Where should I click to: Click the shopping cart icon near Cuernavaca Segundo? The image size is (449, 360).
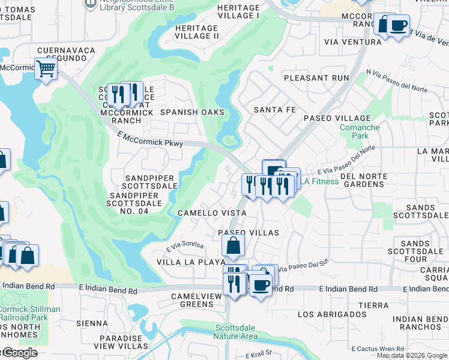click(x=46, y=70)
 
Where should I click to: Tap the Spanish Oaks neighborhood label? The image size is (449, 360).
click(x=192, y=112)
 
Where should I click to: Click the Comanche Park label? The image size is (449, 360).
click(x=360, y=131)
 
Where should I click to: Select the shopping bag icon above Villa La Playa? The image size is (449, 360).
click(x=233, y=246)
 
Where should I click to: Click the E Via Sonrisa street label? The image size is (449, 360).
click(x=185, y=246)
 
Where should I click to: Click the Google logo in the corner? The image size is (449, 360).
click(x=19, y=353)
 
